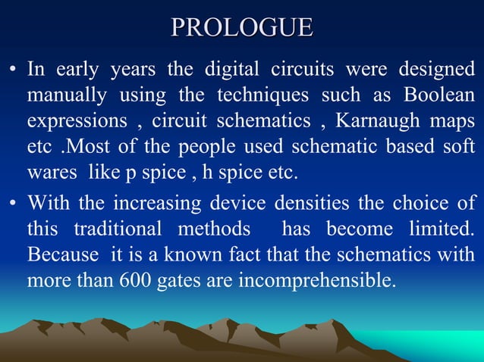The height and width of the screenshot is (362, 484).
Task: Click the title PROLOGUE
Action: (x=242, y=27)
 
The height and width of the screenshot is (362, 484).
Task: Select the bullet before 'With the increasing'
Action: (x=13, y=204)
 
